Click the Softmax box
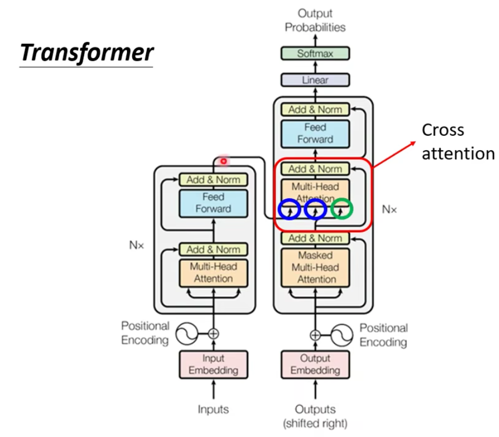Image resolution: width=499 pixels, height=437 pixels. tap(315, 54)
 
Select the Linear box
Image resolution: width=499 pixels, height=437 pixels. tap(315, 80)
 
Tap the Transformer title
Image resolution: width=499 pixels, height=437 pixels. tap(87, 53)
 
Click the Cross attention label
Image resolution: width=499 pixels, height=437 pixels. tap(457, 142)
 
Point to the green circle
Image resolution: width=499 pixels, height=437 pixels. tap(342, 209)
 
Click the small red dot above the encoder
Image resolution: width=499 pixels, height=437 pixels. tap(223, 161)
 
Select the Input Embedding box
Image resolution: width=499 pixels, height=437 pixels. tap(214, 364)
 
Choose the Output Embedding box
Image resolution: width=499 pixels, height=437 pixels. tap(315, 364)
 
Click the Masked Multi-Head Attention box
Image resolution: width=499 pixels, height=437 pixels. tap(315, 267)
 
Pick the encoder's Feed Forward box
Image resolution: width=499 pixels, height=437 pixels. tap(214, 203)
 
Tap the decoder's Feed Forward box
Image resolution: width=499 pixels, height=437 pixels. tap(315, 133)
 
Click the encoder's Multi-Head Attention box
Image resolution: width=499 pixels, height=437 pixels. tap(214, 272)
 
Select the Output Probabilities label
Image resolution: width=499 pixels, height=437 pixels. tap(315, 20)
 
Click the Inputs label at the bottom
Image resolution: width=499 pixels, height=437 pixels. tap(214, 409)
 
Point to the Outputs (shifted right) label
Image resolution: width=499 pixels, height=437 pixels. tap(315, 416)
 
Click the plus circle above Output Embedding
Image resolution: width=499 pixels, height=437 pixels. tap(315, 335)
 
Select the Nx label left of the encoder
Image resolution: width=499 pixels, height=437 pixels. tap(136, 245)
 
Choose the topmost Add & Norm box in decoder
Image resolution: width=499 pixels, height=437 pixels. tap(315, 110)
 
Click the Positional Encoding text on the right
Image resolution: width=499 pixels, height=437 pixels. tap(383, 335)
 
